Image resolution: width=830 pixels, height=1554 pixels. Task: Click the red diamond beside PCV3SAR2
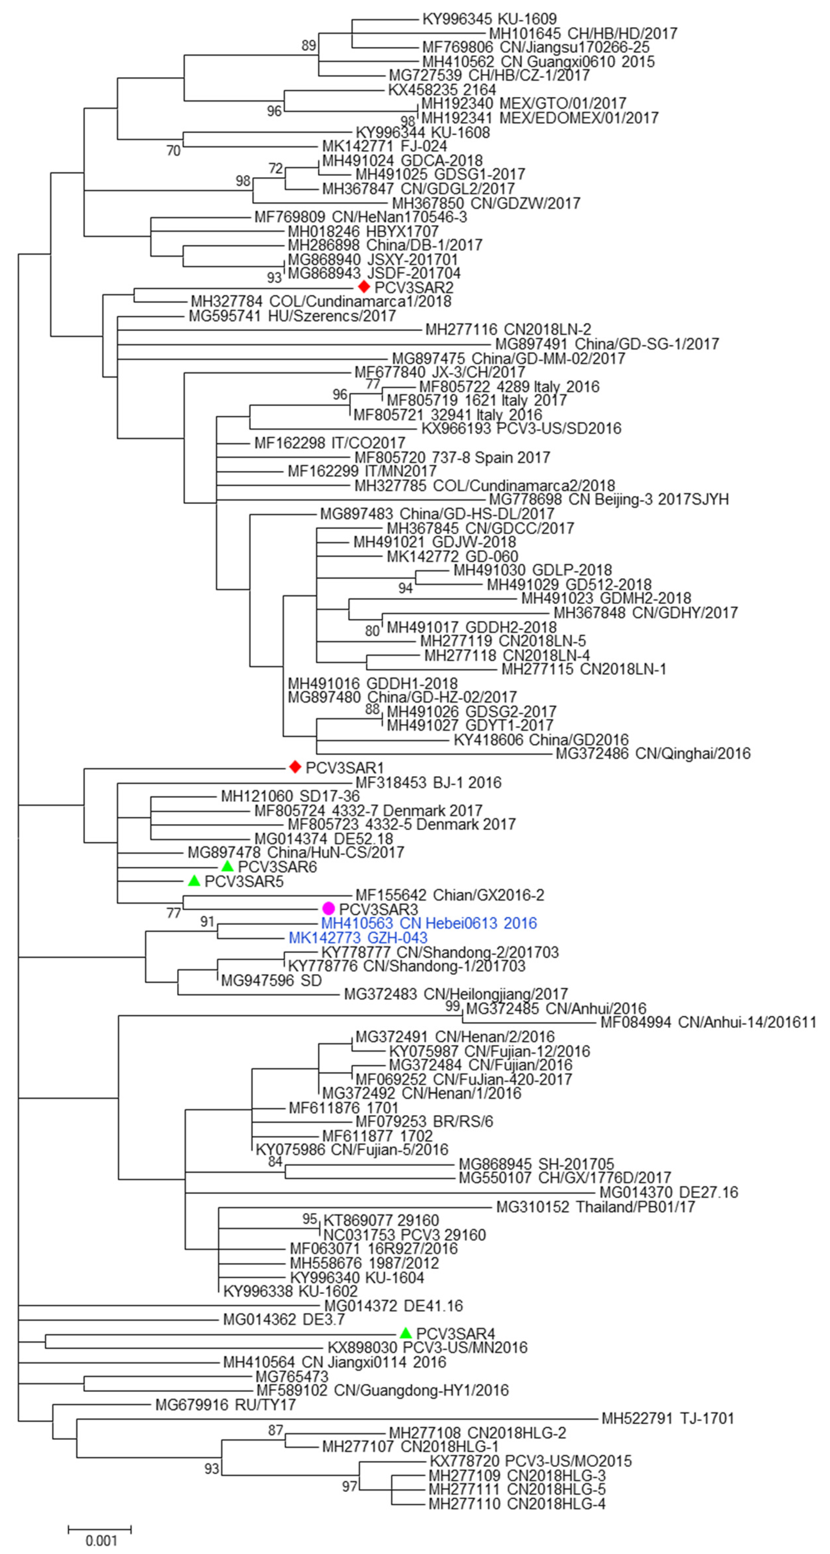click(364, 287)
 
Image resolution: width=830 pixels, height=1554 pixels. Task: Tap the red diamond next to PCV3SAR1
click(294, 767)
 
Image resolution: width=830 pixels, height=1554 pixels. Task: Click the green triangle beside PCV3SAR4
click(406, 1333)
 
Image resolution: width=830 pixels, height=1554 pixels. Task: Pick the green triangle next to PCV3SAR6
click(227, 866)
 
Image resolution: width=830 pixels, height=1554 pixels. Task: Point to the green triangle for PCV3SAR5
click(194, 881)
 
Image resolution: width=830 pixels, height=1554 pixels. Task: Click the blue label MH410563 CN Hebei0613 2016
click(429, 923)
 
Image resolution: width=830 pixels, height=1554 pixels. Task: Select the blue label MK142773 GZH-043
click(358, 938)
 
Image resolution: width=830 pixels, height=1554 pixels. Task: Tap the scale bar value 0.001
click(101, 1540)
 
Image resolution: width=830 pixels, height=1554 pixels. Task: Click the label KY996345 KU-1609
click(489, 19)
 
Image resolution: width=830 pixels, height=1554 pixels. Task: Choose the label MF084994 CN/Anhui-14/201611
click(708, 1022)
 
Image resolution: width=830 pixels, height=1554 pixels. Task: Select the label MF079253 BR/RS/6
click(424, 1121)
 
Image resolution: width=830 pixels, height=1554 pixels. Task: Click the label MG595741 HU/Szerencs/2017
click(292, 316)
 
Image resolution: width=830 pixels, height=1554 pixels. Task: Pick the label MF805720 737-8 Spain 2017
click(452, 457)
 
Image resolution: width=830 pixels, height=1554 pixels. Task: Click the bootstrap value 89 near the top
click(309, 46)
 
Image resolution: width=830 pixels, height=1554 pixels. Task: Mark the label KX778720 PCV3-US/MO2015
click(531, 1461)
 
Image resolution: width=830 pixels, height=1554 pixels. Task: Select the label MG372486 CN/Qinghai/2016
click(653, 753)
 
